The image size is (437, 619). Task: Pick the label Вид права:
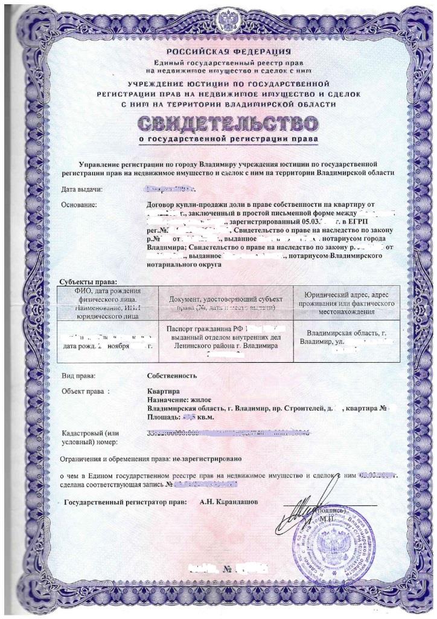(x=80, y=375)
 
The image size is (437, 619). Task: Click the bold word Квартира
(x=163, y=392)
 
